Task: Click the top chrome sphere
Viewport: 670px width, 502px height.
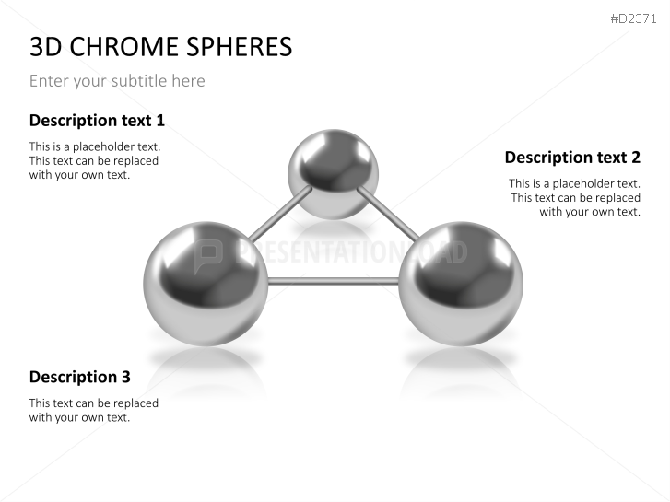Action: (333, 174)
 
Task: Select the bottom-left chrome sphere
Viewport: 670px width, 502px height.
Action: (206, 284)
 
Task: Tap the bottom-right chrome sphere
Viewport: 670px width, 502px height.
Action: (461, 284)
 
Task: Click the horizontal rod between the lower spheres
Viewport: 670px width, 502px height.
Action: (334, 281)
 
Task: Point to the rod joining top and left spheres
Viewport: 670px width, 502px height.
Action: (280, 213)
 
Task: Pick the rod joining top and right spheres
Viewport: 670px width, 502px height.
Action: (388, 213)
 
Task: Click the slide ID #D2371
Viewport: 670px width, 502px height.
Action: (633, 18)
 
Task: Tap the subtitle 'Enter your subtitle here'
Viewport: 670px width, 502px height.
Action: (117, 81)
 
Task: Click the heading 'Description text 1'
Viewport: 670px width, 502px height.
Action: (97, 121)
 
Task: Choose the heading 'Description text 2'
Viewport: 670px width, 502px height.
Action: (572, 158)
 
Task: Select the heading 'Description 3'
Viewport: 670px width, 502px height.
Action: (80, 377)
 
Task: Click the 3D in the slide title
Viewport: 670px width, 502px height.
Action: (46, 46)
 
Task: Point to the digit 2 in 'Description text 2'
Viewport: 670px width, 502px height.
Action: (635, 158)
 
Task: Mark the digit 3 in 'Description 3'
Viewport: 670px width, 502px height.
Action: (125, 377)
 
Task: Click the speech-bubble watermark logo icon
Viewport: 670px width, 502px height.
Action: (208, 255)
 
